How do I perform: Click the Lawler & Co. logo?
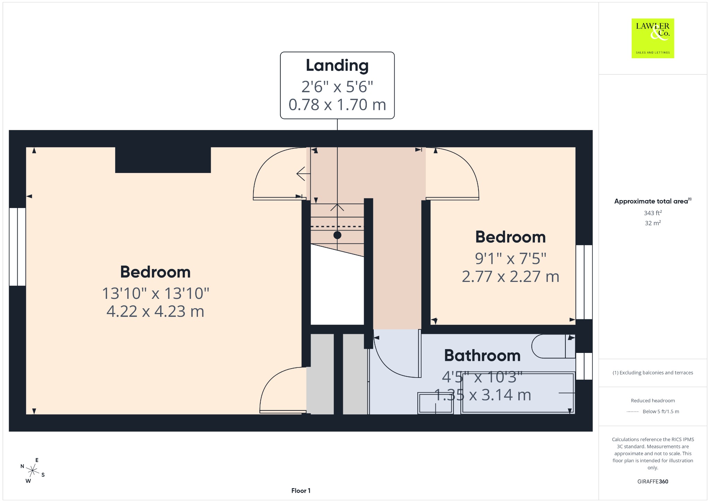(x=652, y=38)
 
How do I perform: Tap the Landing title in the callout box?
(x=337, y=66)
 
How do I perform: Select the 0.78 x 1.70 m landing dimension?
(x=337, y=105)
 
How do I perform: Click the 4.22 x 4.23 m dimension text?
(x=155, y=311)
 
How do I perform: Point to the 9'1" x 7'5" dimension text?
(x=510, y=258)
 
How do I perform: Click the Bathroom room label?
(x=482, y=355)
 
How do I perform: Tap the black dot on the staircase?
(x=337, y=235)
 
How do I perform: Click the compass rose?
(x=33, y=471)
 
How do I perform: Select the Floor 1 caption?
(x=301, y=491)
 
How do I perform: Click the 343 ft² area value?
(x=653, y=213)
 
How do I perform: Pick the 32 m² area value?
(x=653, y=223)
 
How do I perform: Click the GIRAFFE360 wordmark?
(x=652, y=481)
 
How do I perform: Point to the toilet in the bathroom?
(x=553, y=346)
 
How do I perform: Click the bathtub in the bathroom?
(x=518, y=392)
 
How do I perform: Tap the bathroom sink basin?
(x=435, y=403)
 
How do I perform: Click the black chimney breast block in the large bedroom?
(x=163, y=160)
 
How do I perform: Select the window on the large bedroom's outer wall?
(x=17, y=247)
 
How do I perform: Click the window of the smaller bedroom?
(x=584, y=282)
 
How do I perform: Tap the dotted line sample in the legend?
(x=633, y=412)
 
